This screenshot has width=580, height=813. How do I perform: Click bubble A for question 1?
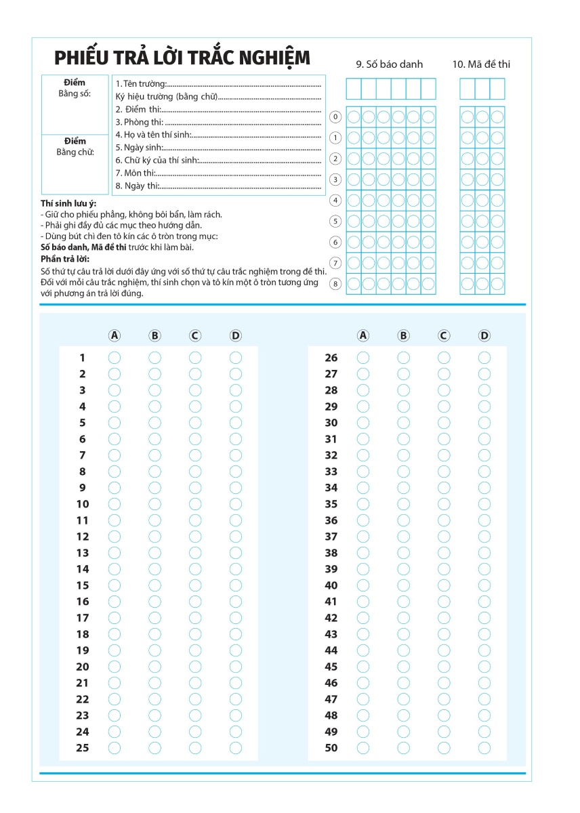pos(115,358)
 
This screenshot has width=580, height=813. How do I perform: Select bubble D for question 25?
pos(235,748)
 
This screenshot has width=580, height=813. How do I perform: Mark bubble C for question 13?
pos(195,553)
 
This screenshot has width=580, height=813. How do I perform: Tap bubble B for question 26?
pos(404,358)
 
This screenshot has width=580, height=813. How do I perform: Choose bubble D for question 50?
pos(484,748)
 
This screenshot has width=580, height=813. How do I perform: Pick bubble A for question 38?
pos(363,553)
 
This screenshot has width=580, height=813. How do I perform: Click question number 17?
pos(82,618)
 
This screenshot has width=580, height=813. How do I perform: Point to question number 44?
pos(331,650)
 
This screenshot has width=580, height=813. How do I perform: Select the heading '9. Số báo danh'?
pos(389,64)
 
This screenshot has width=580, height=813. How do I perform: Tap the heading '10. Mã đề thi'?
pos(481,64)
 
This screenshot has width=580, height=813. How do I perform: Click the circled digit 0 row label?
pos(335,117)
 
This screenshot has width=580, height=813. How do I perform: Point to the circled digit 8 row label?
pos(335,284)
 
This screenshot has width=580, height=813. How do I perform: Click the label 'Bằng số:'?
pos(75,93)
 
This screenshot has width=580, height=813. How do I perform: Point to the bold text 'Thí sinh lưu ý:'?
pos(68,203)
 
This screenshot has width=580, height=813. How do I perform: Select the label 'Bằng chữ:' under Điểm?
pos(75,152)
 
